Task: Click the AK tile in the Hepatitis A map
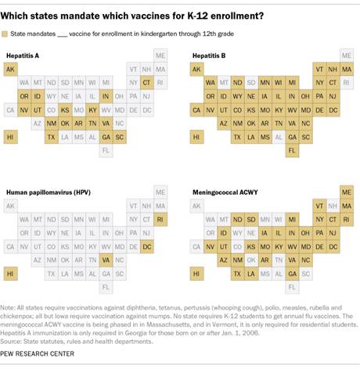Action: click(x=11, y=70)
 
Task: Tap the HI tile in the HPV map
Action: click(x=11, y=274)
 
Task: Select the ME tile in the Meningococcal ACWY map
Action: click(x=347, y=191)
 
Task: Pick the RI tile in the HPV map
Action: click(x=160, y=218)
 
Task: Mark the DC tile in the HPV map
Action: click(x=146, y=246)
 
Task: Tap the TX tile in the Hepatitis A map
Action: click(x=52, y=137)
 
